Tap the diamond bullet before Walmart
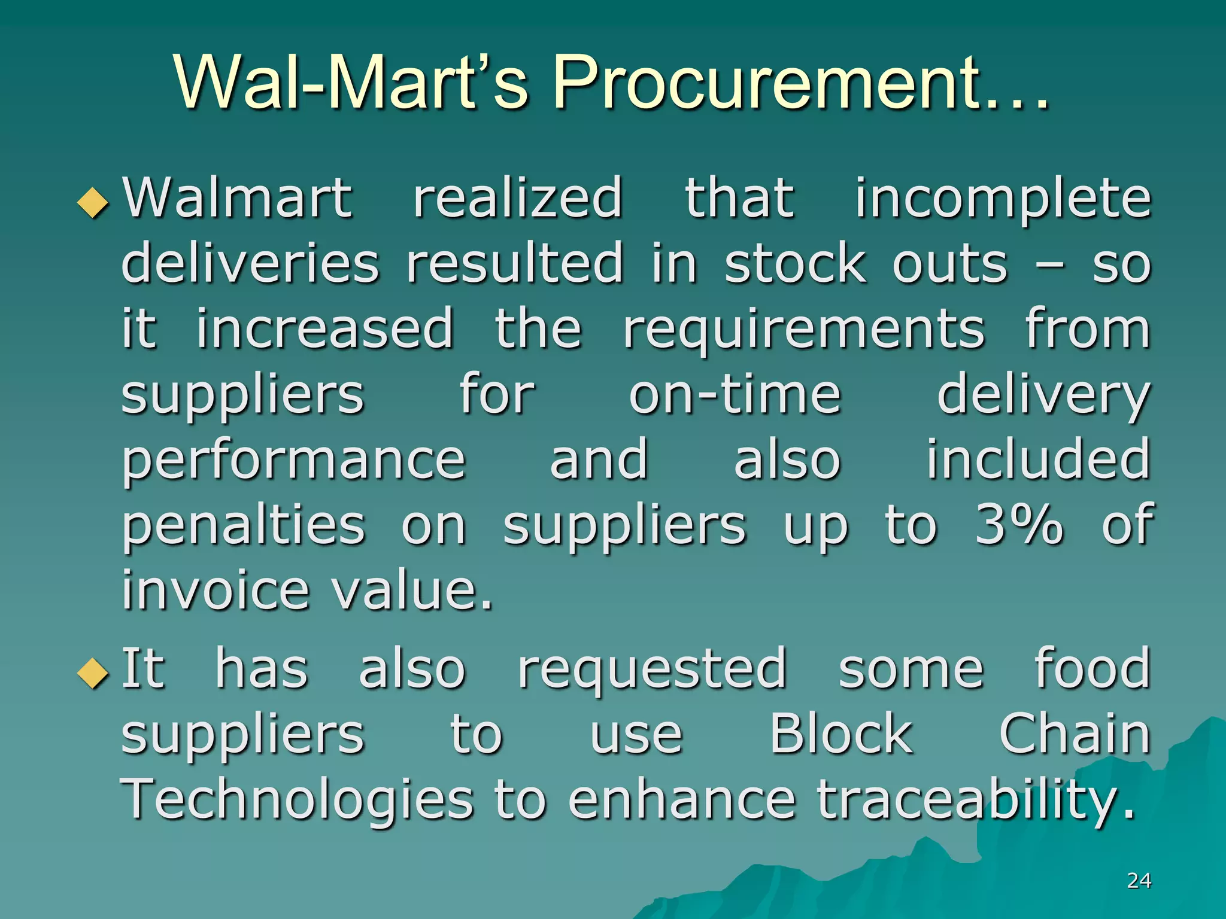coord(93,202)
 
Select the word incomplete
coord(1003,199)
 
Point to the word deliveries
coord(250,263)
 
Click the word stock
coord(795,263)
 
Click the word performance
coord(293,461)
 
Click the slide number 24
coord(1139,880)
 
